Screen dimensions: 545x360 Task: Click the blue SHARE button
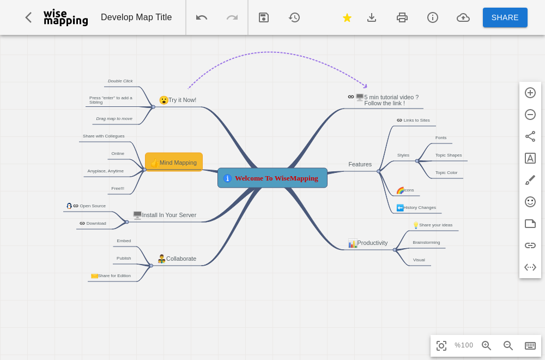pos(505,17)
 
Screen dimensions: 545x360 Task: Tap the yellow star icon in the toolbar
pos(347,18)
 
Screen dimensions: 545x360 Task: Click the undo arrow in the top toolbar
pos(202,17)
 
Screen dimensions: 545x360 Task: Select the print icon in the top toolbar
pos(402,17)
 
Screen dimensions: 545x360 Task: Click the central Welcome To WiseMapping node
pos(272,178)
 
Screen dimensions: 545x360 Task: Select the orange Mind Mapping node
pos(174,162)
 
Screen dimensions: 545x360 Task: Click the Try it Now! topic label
pos(182,100)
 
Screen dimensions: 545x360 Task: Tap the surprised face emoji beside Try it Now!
pos(163,100)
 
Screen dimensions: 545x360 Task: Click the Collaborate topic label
pos(181,259)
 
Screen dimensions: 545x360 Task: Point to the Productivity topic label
pos(372,243)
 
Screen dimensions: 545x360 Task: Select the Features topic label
pos(360,164)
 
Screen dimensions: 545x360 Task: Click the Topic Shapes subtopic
pos(449,155)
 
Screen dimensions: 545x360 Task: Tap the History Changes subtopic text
pos(420,208)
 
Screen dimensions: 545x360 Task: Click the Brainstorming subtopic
pos(426,242)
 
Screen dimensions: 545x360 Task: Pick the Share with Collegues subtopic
pos(104,136)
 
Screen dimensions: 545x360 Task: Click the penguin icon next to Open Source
pos(69,206)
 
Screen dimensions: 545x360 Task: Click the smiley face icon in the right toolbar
pos(530,202)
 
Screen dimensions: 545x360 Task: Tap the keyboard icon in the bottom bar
pos(530,345)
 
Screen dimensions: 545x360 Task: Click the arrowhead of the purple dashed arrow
pos(365,86)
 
